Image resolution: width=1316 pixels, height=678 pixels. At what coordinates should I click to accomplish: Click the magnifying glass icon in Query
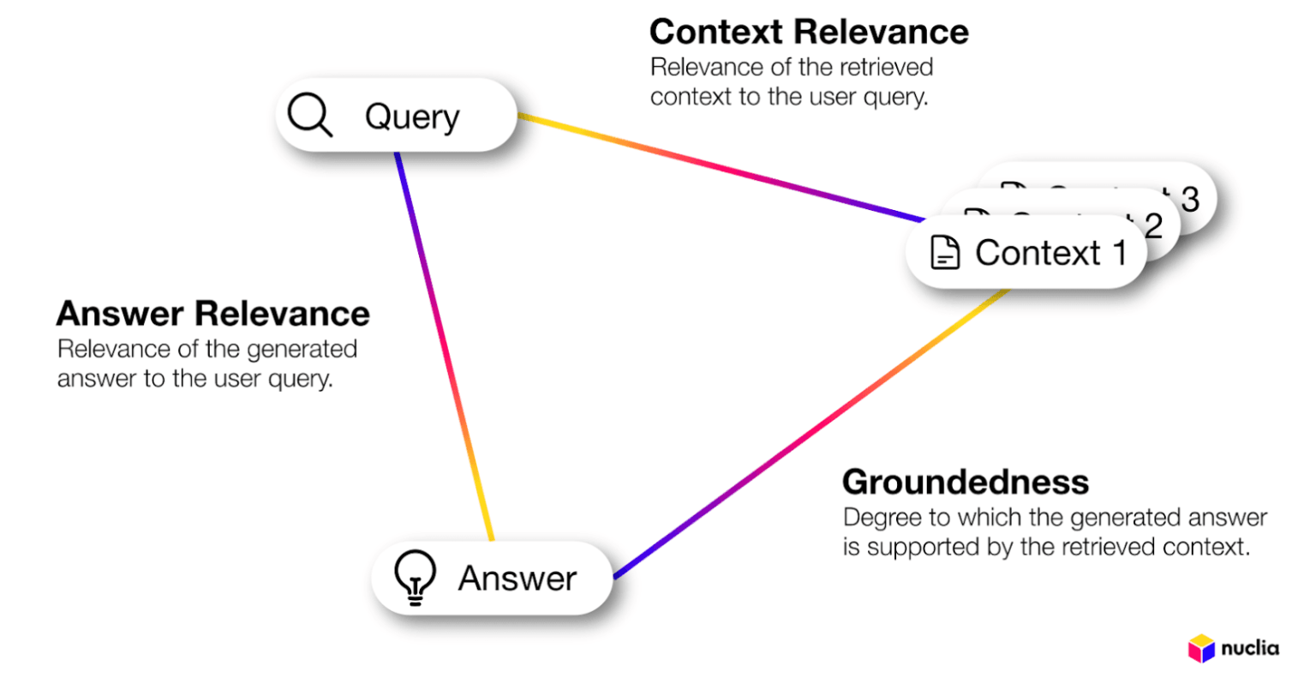pos(309,115)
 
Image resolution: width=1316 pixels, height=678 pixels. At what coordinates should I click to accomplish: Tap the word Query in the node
pos(412,117)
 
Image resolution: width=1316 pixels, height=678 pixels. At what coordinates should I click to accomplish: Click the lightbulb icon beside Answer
pos(415,578)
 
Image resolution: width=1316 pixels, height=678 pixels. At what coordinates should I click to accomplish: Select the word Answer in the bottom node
pos(517,579)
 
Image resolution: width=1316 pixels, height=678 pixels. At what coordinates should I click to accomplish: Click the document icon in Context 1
pos(945,253)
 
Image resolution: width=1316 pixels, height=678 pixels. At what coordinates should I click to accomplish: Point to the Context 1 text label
pos(1050,253)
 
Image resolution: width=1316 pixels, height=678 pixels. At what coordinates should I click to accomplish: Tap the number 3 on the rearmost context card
pos(1189,199)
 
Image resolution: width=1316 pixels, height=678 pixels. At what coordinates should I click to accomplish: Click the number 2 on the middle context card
pos(1153,225)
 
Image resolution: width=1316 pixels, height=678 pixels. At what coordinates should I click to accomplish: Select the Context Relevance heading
pos(809,33)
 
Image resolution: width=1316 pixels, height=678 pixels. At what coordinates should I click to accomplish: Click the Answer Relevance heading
pos(212,314)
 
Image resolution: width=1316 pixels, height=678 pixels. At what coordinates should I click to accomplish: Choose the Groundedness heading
pos(966,482)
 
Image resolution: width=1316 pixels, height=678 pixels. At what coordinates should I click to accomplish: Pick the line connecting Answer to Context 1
pos(810,433)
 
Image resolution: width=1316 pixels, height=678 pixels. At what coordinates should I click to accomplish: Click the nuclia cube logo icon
pos(1201,648)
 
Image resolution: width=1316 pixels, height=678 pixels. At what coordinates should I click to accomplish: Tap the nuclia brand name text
pos(1250,648)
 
